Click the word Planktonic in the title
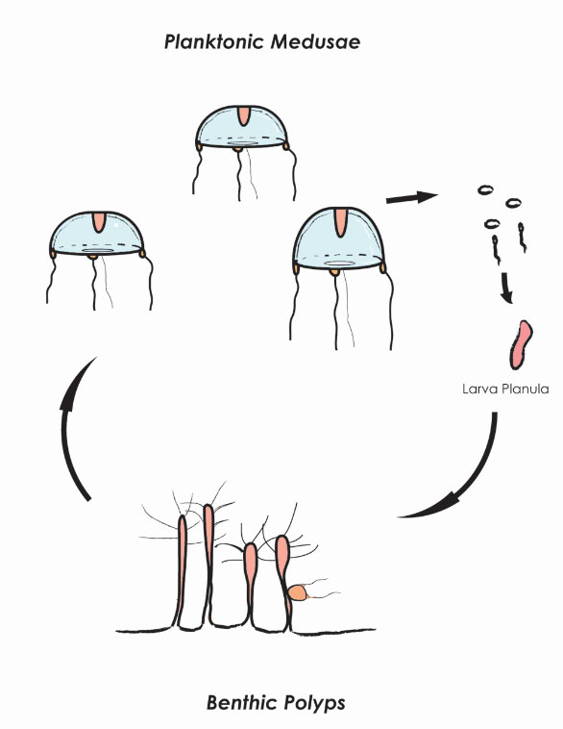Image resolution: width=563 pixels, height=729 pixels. pyautogui.click(x=214, y=42)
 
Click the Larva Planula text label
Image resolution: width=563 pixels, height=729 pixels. pyautogui.click(x=505, y=389)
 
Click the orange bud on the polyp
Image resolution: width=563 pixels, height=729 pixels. pyautogui.click(x=297, y=592)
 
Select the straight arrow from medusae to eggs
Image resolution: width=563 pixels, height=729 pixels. pyautogui.click(x=411, y=197)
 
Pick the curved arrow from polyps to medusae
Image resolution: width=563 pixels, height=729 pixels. pyautogui.click(x=70, y=428)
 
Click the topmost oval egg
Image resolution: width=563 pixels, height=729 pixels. pyautogui.click(x=485, y=189)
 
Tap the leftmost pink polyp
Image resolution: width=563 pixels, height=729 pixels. pyautogui.click(x=182, y=570)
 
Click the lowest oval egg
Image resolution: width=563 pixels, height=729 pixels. pyautogui.click(x=492, y=224)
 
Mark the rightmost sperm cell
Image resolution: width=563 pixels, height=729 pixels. pyautogui.click(x=522, y=238)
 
